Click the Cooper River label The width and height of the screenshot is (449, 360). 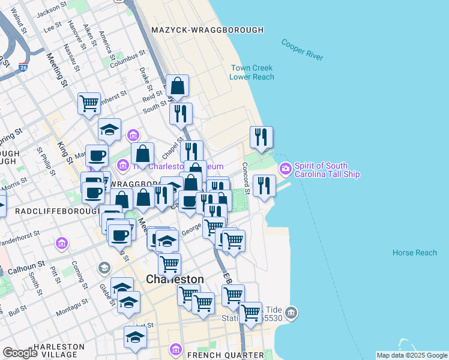[302, 50]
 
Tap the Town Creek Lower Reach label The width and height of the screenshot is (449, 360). [252, 73]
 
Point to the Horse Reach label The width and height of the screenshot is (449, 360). [414, 253]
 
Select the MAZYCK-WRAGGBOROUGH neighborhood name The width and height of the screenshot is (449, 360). [207, 30]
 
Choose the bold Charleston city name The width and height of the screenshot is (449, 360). [175, 280]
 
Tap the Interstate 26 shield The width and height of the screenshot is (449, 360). [23, 67]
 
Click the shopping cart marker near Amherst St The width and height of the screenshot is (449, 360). [89, 103]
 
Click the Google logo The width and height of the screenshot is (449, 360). [20, 353]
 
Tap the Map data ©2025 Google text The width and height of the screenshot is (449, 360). [412, 355]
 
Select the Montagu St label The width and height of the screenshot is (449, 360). [72, 311]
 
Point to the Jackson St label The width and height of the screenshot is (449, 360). [50, 10]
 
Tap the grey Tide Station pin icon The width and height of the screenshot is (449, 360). [291, 313]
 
